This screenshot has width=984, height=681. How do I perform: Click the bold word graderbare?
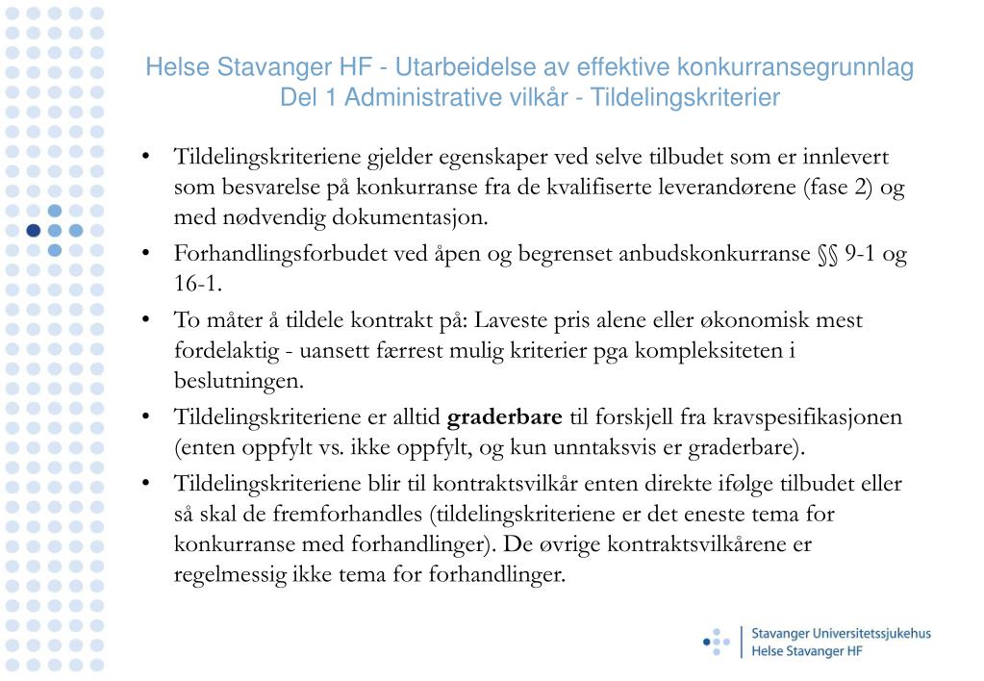[x=505, y=417]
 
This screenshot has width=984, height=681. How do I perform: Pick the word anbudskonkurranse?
[x=713, y=254]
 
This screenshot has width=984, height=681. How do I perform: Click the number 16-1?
[x=198, y=284]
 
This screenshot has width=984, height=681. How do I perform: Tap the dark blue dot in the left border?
[x=34, y=230]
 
